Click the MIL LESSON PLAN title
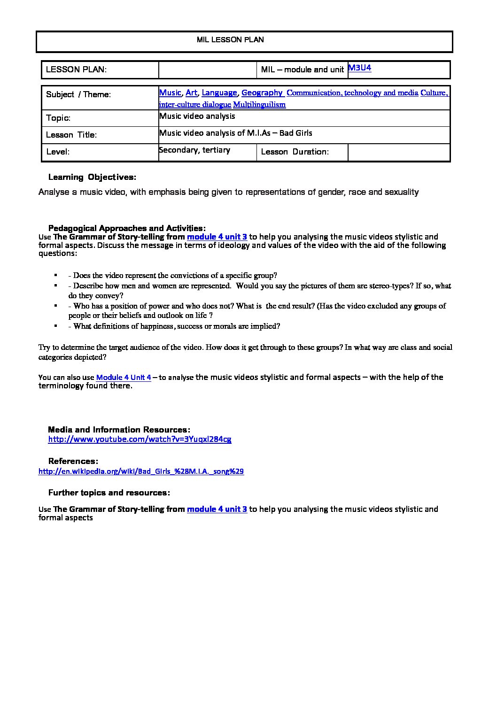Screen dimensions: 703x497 tap(230, 40)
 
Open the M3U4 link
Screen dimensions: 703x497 tap(360, 68)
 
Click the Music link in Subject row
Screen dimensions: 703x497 tap(170, 93)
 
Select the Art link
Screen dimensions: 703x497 tap(191, 93)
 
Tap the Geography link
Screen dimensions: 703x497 tap(262, 93)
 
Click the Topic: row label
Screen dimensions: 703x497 tap(58, 118)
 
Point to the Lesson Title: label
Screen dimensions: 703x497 tap(71, 135)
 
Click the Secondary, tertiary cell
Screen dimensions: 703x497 tap(194, 150)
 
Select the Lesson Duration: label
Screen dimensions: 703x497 tap(295, 152)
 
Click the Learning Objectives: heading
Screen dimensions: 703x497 tap(92, 177)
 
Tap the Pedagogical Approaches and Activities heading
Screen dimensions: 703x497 tap(127, 228)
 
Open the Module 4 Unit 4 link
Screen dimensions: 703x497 tap(124, 377)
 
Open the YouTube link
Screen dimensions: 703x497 tap(140, 439)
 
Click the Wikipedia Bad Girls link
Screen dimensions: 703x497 tap(141, 471)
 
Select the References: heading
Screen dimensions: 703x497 tap(73, 461)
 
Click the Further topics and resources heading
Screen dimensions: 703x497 tap(109, 493)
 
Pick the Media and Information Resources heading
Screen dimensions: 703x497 tap(119, 430)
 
